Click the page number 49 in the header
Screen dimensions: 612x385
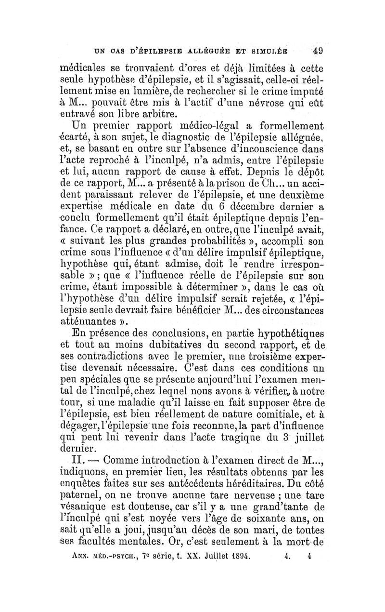pyautogui.click(x=317, y=52)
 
